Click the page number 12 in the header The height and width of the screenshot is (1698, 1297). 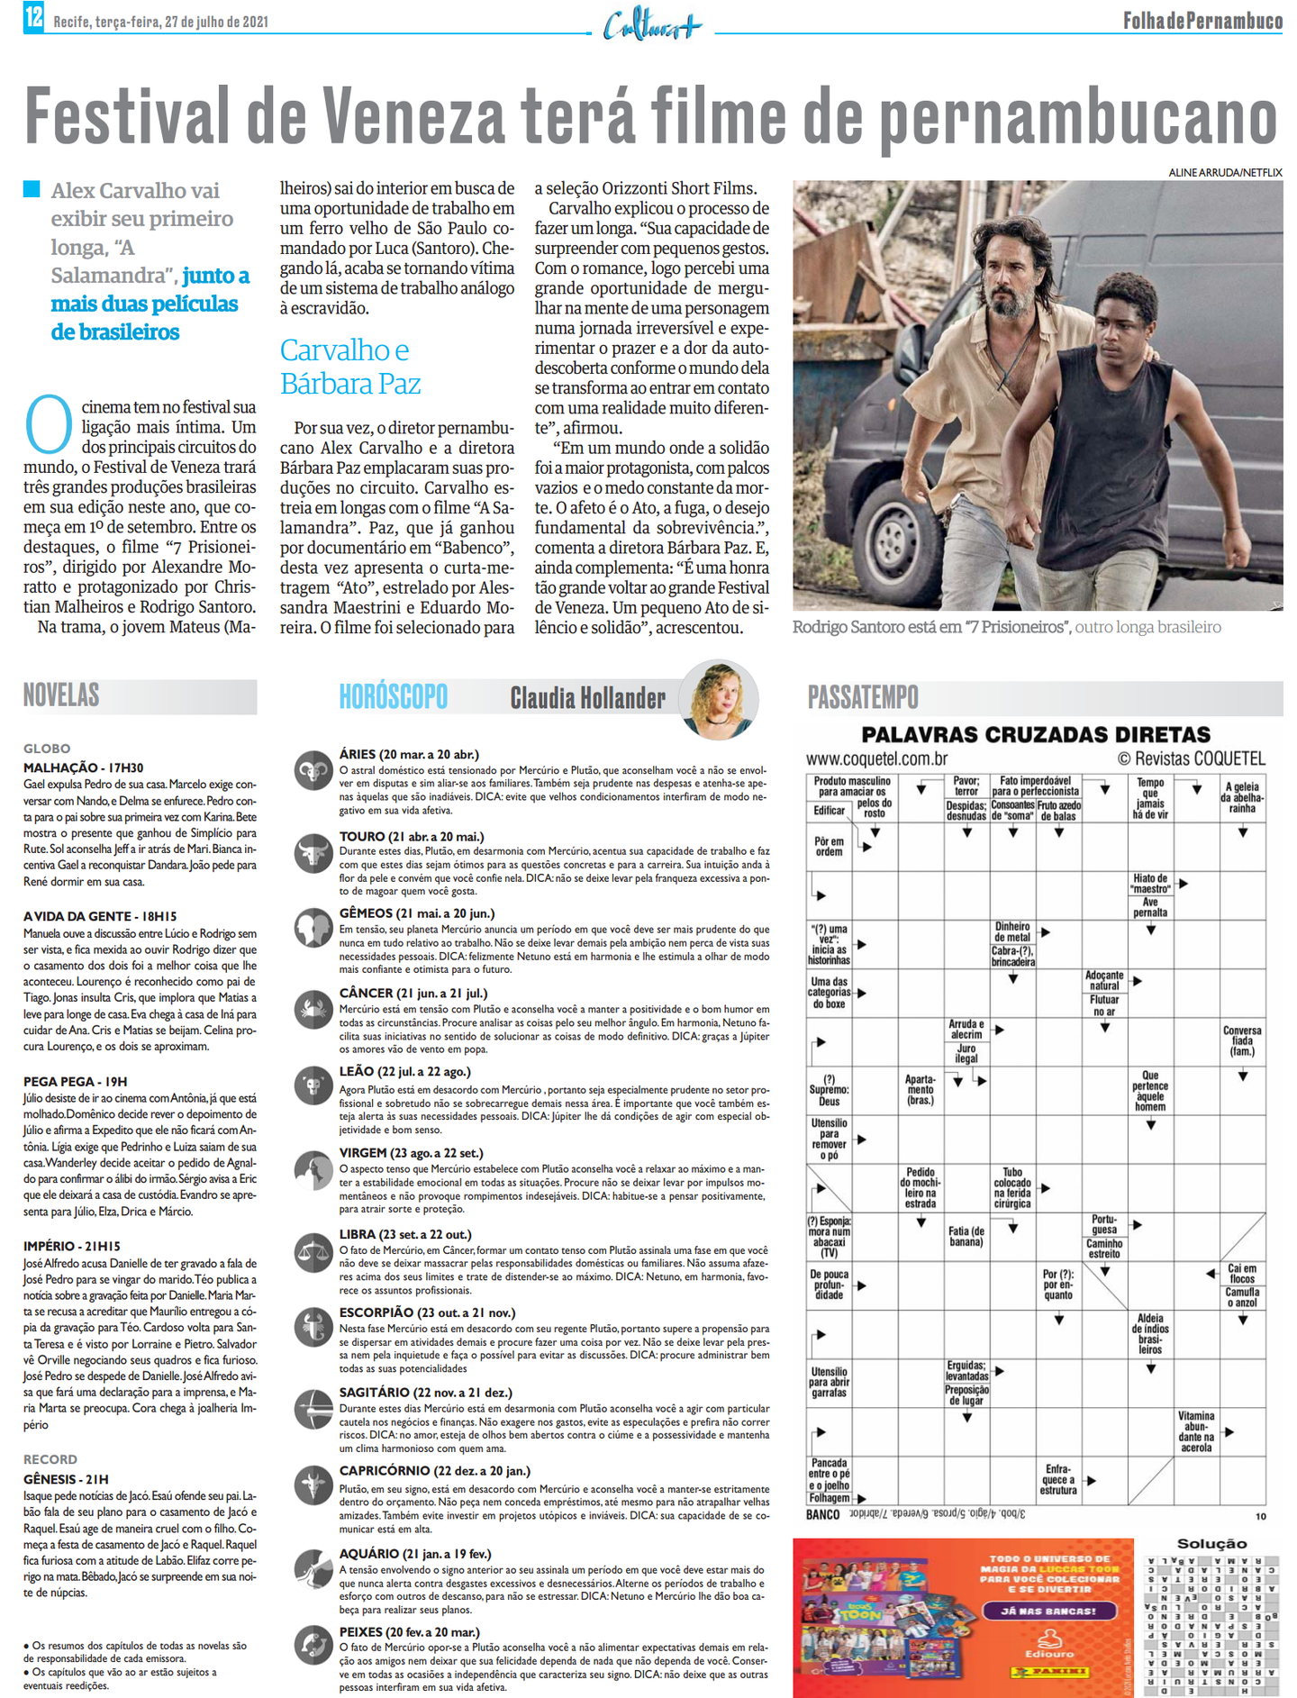pos(33,17)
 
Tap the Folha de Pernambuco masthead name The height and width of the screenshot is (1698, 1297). pos(1202,20)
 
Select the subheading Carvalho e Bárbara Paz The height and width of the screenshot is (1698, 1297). pos(349,367)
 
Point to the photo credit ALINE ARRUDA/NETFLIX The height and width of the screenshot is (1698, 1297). pos(1225,172)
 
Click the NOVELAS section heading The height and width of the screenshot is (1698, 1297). pos(61,695)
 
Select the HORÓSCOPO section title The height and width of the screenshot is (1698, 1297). pos(393,696)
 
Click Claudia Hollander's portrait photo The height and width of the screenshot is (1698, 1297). pos(719,698)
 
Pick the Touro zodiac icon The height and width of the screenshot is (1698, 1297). pos(313,850)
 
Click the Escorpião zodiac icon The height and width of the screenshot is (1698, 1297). pos(313,1327)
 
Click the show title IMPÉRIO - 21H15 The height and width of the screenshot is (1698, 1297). pos(72,1246)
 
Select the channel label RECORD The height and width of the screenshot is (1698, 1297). pos(50,1458)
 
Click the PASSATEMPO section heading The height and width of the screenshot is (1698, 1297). pos(863,696)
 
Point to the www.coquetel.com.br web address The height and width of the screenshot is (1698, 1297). pos(876,758)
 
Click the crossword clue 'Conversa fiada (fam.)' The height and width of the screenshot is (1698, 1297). pos(1242,1040)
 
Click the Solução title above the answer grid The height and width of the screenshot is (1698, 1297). pos(1211,1543)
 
